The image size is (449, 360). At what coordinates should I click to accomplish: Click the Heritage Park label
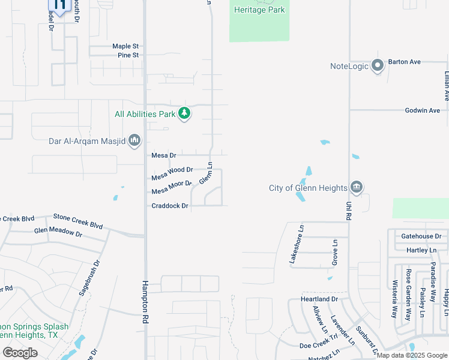[x=259, y=10]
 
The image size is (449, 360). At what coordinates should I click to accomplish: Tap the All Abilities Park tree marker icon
[x=185, y=113]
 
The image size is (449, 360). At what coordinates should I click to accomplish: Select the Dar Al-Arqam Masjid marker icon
[x=134, y=141]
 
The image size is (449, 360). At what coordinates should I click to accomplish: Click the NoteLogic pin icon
[x=378, y=65]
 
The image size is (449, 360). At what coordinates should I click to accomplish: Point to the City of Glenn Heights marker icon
[x=357, y=187]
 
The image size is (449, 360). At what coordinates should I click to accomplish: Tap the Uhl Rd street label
[x=349, y=209]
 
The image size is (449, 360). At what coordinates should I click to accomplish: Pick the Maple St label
[x=125, y=46]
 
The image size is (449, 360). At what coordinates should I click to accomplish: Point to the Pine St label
[x=128, y=55]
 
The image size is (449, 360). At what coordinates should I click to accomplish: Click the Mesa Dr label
[x=163, y=155]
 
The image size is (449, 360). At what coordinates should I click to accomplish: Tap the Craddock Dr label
[x=169, y=206]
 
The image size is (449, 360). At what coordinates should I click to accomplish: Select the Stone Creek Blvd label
[x=78, y=221]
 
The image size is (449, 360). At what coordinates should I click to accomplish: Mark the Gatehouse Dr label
[x=421, y=237]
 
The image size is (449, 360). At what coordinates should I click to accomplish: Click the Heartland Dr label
[x=319, y=299]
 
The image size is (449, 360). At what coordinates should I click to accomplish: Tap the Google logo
[x=20, y=353]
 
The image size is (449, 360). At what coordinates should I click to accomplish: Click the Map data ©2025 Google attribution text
[x=411, y=355]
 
